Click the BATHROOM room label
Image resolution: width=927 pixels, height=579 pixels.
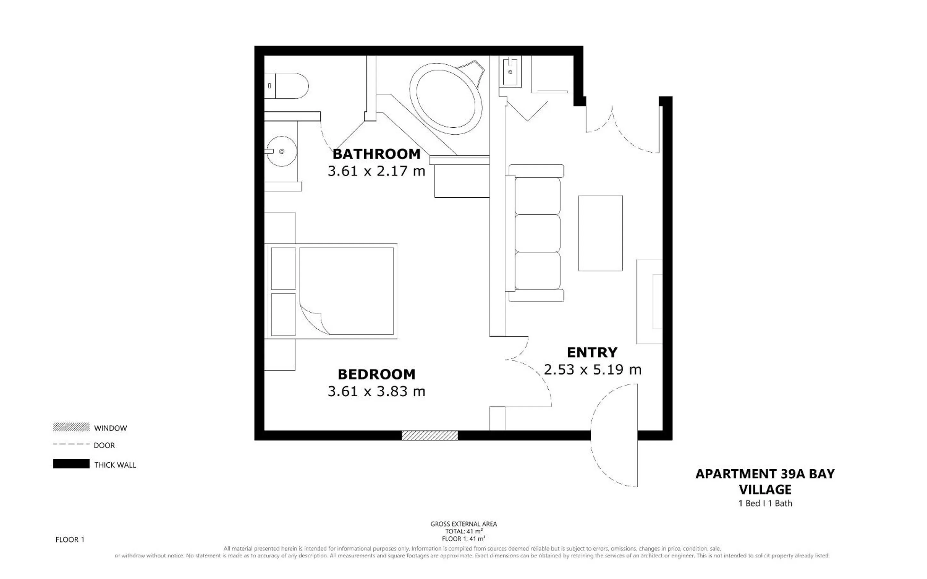[376, 154]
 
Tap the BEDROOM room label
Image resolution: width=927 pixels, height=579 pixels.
[376, 374]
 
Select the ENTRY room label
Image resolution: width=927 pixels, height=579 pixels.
[592, 352]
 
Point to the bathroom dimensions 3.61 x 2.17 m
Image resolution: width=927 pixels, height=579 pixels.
[376, 171]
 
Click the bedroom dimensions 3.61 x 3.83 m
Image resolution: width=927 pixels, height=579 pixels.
[376, 391]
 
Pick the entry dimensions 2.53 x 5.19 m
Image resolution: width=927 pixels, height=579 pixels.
[592, 370]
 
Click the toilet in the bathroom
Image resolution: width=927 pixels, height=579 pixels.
[286, 86]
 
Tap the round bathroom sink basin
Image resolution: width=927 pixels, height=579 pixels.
[282, 151]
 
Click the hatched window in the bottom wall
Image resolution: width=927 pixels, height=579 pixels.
[430, 436]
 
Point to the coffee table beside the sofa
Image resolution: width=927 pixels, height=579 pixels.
[600, 233]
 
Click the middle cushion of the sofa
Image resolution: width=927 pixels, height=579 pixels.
[537, 233]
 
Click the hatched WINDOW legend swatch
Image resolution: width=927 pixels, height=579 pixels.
[71, 427]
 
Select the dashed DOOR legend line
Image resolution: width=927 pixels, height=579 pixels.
[71, 444]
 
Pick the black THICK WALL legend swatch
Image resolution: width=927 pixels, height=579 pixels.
[71, 464]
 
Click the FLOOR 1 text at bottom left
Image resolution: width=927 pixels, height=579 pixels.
[70, 540]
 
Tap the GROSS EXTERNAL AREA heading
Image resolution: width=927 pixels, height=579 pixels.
[464, 524]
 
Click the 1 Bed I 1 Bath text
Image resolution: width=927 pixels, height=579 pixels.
[765, 503]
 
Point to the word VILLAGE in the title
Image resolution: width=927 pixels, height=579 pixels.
[765, 489]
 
